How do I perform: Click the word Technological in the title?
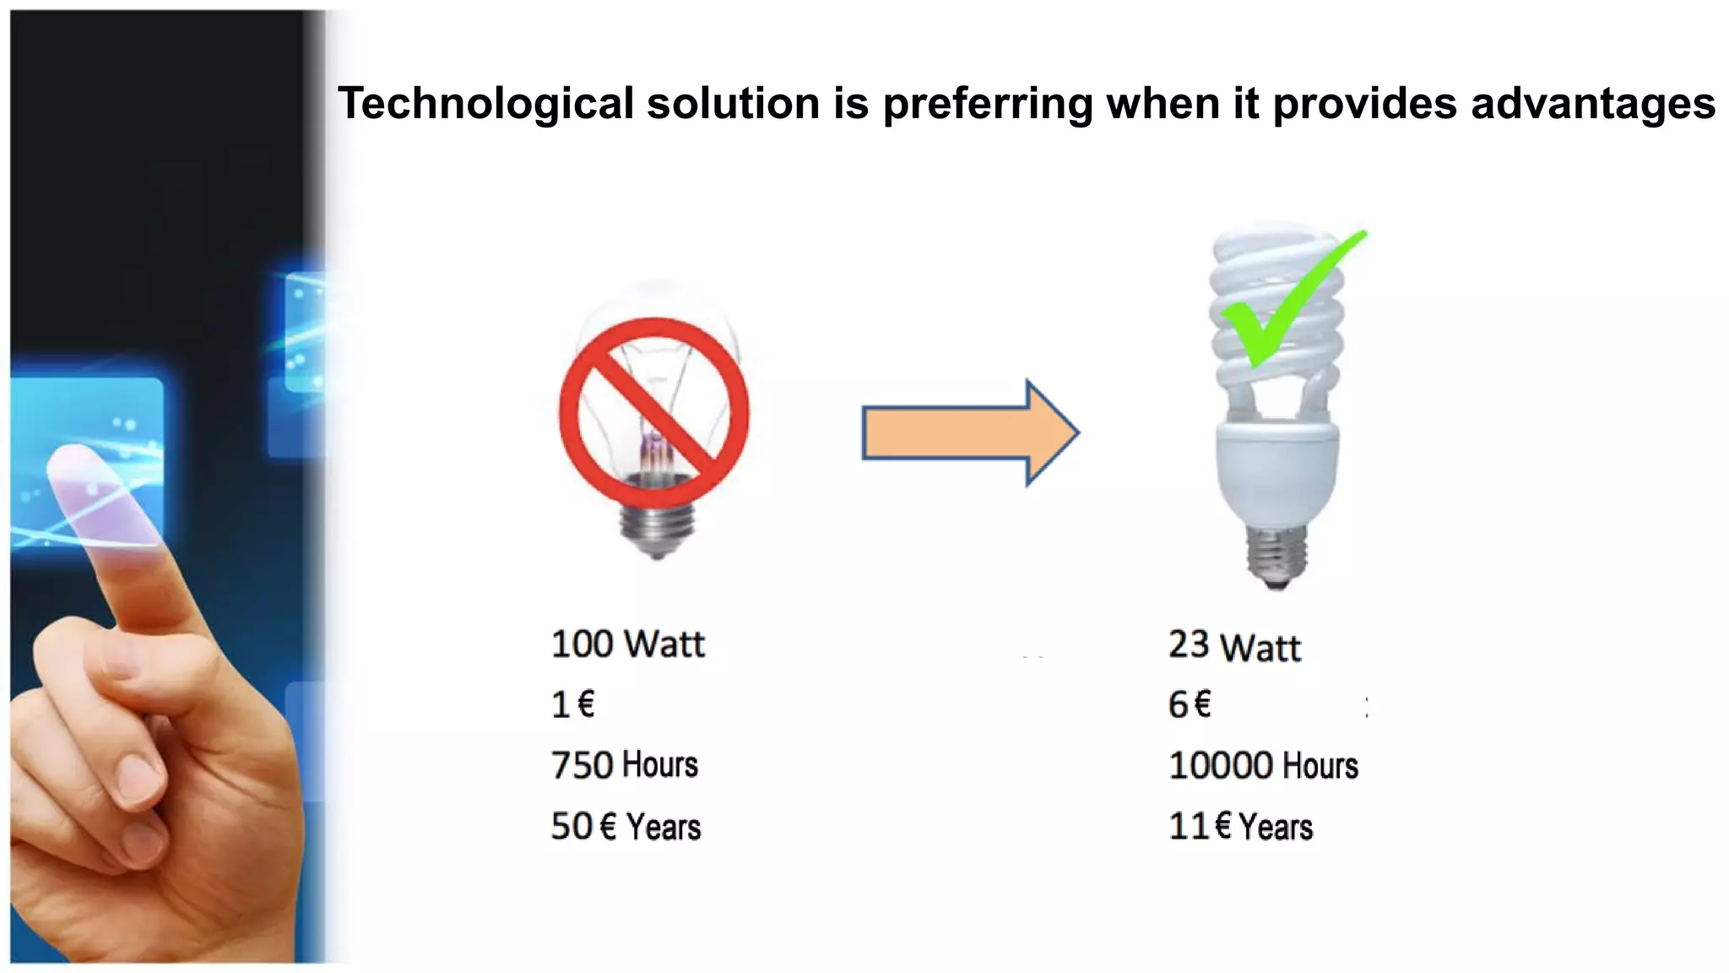pyautogui.click(x=485, y=105)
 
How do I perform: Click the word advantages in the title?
pyautogui.click(x=1592, y=105)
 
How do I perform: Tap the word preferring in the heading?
pyautogui.click(x=987, y=105)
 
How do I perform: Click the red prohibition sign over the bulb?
pyautogui.click(x=654, y=413)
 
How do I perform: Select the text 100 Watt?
pyautogui.click(x=627, y=644)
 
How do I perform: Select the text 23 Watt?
pyautogui.click(x=1234, y=646)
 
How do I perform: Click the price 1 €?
pyautogui.click(x=572, y=704)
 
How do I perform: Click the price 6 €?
pyautogui.click(x=1190, y=704)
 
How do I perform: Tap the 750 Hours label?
pyautogui.click(x=624, y=764)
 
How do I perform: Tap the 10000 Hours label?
pyautogui.click(x=1263, y=765)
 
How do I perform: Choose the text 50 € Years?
pyautogui.click(x=626, y=826)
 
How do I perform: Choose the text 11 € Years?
pyautogui.click(x=1240, y=826)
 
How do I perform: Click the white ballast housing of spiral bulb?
pyautogui.click(x=1276, y=473)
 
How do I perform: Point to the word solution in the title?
pyautogui.click(x=733, y=105)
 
